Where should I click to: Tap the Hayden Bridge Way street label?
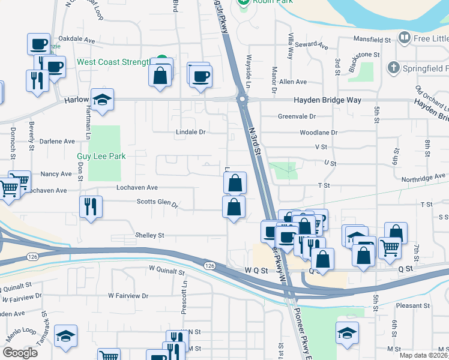[327, 100]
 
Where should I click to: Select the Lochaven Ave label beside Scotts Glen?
[137, 188]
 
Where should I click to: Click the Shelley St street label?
[149, 236]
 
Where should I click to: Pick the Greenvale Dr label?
[297, 116]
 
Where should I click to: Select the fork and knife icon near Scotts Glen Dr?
[91, 207]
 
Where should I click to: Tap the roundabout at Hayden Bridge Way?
[243, 100]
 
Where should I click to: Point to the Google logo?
[20, 353]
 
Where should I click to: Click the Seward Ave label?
[315, 46]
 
